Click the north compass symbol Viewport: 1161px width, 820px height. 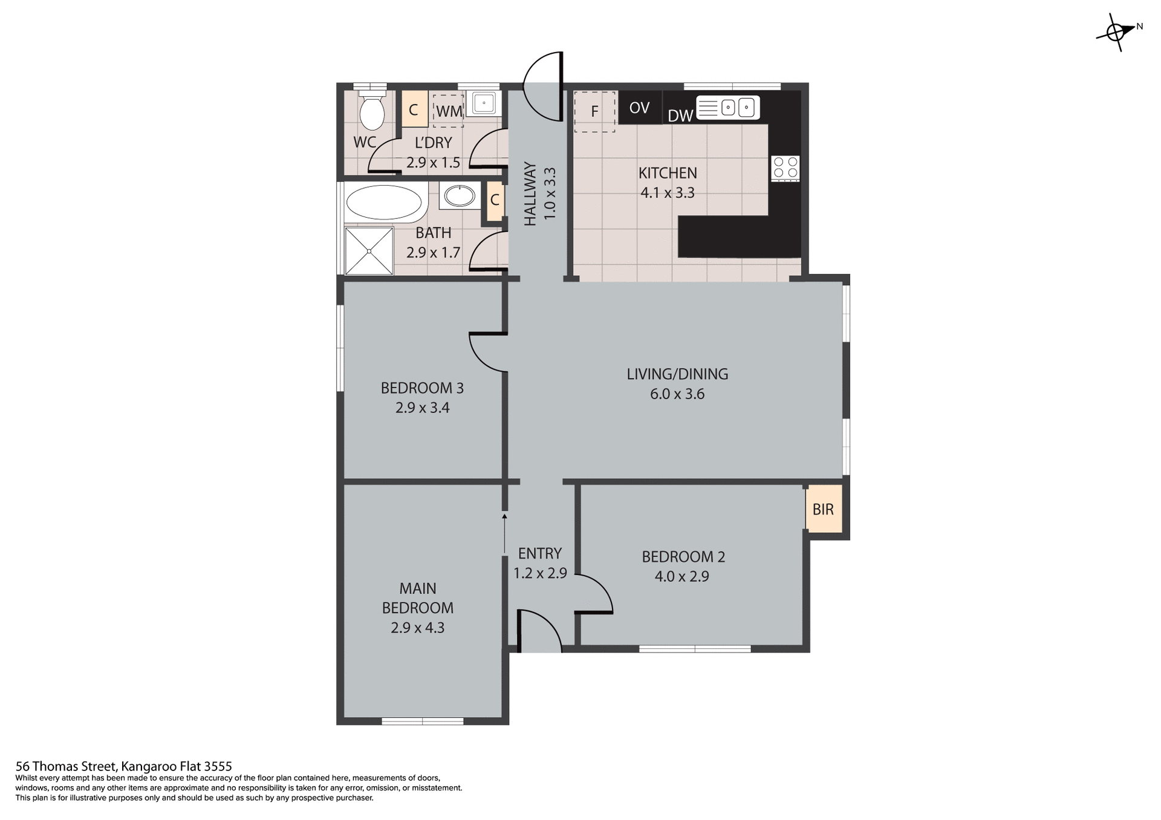[1117, 31]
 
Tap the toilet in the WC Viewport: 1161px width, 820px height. [371, 111]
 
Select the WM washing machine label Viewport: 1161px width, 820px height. [449, 111]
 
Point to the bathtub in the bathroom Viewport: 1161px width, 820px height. [383, 203]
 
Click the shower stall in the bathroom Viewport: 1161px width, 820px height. [368, 251]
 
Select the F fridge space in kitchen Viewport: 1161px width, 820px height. [594, 111]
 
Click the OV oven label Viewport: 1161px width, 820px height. [639, 108]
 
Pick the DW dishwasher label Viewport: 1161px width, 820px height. [680, 116]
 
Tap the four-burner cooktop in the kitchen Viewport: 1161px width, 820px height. [785, 168]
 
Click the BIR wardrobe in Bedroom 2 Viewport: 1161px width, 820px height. [823, 509]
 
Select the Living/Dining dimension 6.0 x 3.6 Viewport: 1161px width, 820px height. [677, 394]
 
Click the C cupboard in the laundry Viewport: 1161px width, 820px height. [414, 109]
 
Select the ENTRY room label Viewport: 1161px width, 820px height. [539, 553]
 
